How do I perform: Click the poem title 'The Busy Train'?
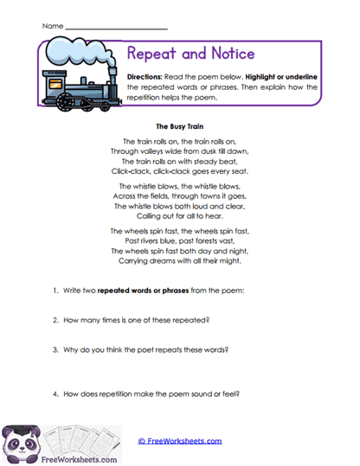pos(180,125)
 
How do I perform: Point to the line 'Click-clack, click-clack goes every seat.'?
pos(180,169)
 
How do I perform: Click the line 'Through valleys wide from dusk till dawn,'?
pos(180,150)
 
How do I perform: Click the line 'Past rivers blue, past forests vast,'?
pos(180,241)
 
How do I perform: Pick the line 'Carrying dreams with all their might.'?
pos(180,260)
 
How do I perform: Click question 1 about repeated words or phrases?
pos(149,290)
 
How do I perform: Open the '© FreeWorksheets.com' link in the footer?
pos(179,440)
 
